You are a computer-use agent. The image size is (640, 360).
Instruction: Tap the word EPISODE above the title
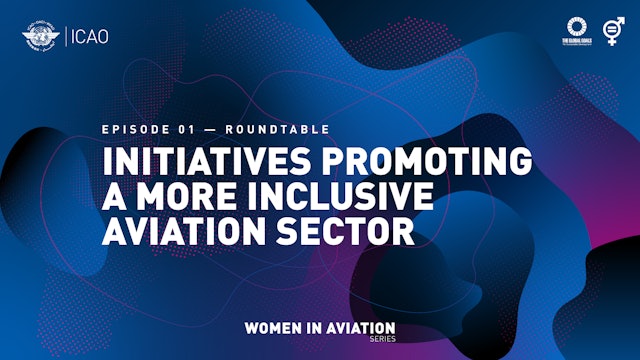pos(134,130)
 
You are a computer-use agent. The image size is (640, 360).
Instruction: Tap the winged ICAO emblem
pos(39,38)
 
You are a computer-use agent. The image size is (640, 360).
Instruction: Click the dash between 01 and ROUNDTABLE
pos(210,130)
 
